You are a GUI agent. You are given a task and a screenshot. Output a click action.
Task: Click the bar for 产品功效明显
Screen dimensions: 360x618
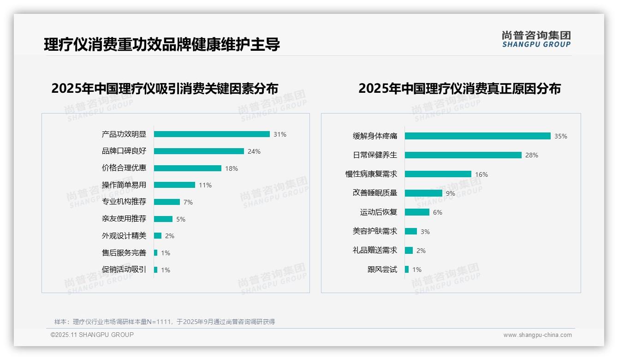coord(212,134)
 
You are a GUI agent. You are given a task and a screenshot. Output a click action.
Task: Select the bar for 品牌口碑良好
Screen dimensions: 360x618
coord(199,151)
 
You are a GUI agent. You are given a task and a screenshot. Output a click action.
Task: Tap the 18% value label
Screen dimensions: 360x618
coord(232,168)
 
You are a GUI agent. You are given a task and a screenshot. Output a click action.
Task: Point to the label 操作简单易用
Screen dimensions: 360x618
coord(124,185)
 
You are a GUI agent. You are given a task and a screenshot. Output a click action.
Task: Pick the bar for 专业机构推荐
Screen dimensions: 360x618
coord(166,202)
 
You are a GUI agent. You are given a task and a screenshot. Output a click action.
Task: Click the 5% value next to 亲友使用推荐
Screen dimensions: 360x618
coord(181,219)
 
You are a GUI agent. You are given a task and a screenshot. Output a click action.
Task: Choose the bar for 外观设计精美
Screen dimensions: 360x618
coord(158,236)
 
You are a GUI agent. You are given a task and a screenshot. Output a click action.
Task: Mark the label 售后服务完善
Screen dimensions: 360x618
coord(124,253)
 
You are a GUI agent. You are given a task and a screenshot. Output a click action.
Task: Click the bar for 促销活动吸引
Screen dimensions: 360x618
coord(155,270)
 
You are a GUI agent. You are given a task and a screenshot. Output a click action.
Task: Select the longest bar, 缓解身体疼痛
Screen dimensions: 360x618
coord(477,136)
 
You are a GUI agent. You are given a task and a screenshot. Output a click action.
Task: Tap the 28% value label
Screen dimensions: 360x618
coord(532,155)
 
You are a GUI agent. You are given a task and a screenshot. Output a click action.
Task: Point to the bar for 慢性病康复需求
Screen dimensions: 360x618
coord(438,174)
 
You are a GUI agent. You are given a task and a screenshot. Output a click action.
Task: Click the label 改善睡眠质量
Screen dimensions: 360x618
coord(374,193)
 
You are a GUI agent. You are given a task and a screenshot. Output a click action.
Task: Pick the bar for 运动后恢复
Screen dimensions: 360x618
coord(417,212)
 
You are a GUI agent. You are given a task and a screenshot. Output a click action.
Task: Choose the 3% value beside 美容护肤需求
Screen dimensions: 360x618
coord(425,231)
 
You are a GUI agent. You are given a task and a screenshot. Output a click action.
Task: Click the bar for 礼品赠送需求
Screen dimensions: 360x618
coord(409,250)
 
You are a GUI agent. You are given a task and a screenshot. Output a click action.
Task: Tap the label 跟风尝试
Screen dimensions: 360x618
coord(382,270)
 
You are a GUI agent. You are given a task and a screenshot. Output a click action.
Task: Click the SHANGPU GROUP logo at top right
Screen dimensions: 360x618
coord(536,39)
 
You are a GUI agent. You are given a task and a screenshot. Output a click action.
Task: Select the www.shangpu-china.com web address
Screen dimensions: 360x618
coord(537,335)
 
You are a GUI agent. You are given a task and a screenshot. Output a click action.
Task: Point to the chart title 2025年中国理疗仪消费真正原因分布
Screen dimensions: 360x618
coord(459,89)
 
